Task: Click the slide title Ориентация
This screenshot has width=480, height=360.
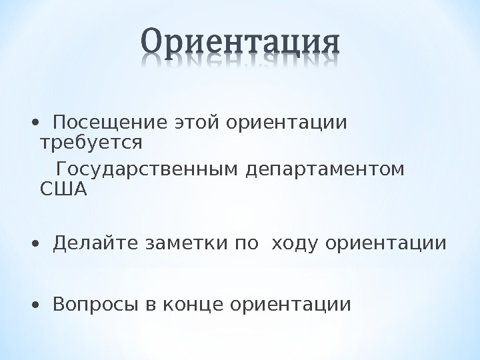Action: coord(241,44)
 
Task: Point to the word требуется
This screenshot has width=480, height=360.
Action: coord(91,143)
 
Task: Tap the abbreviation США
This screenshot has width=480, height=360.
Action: coord(64,189)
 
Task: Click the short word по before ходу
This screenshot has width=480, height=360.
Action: coord(241,244)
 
